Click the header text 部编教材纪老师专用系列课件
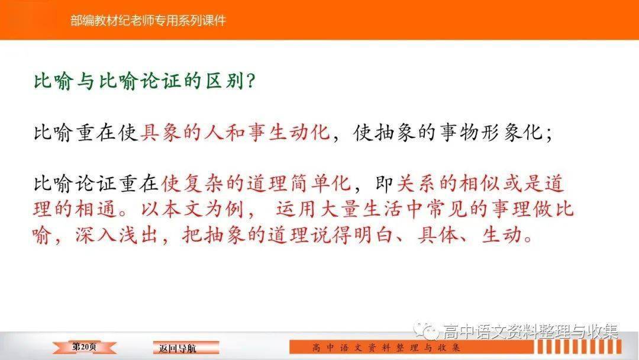point(148,20)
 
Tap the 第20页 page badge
point(85,347)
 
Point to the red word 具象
point(160,133)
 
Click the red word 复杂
point(202,184)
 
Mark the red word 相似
point(480,184)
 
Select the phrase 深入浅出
point(116,235)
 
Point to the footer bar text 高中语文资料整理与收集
point(386,348)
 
